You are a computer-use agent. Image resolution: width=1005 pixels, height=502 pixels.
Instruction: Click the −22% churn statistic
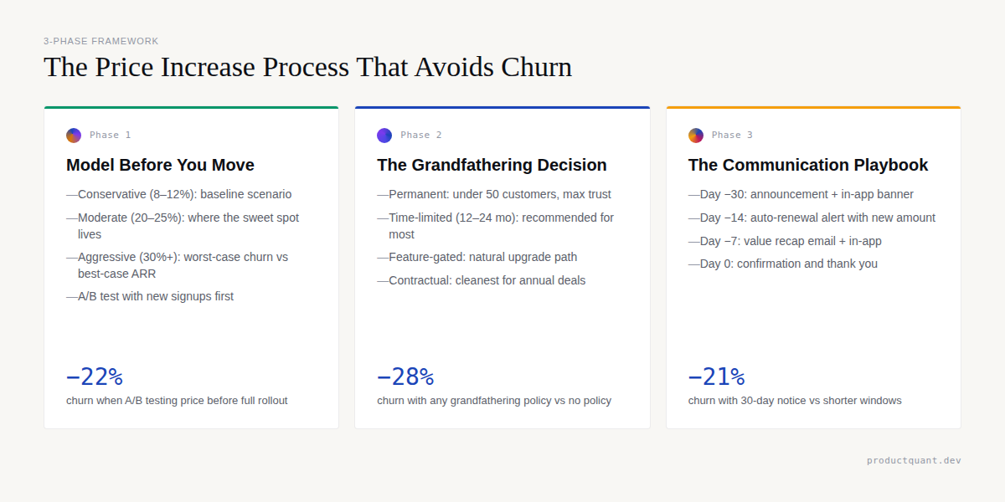(x=95, y=377)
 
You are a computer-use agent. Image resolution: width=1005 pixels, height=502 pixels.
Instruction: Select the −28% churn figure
(x=405, y=377)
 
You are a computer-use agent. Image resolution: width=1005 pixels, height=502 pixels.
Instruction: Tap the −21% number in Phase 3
(x=716, y=377)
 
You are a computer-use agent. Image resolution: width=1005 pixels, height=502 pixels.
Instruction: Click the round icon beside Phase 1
(x=74, y=136)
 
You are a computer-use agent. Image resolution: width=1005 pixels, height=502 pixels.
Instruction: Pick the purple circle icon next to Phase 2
(x=384, y=136)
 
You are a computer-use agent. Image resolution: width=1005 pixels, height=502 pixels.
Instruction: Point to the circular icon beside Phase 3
(x=696, y=136)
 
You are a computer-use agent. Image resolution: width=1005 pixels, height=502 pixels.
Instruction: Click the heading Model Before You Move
(x=160, y=165)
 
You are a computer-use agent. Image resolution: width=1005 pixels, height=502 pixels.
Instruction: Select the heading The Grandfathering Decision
(x=492, y=165)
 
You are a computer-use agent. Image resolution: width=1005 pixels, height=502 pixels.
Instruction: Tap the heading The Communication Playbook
(x=808, y=165)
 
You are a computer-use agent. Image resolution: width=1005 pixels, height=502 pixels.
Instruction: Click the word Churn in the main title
(x=536, y=67)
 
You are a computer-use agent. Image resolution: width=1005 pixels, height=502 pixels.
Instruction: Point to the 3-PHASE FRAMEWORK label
(x=101, y=41)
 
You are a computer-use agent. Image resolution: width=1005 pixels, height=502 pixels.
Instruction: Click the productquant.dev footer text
(x=914, y=460)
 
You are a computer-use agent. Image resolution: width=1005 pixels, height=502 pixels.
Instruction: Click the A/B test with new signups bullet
(x=156, y=296)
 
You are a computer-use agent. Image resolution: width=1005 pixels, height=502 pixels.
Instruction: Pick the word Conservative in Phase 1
(x=111, y=194)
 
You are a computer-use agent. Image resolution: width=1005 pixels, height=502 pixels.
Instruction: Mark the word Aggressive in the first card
(x=106, y=257)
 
